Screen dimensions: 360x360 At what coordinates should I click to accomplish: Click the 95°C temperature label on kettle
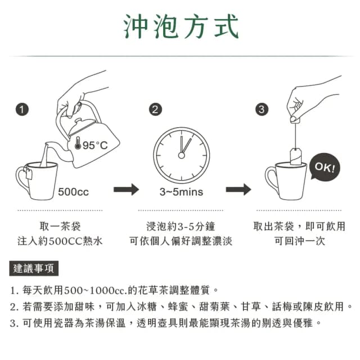pyautogui.click(x=94, y=146)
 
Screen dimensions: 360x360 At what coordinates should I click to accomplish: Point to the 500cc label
pyautogui.click(x=73, y=192)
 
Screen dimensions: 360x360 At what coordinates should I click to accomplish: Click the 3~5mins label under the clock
pyautogui.click(x=181, y=192)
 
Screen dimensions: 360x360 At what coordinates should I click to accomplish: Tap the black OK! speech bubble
pyautogui.click(x=325, y=168)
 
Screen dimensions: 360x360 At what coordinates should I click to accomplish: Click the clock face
pyautogui.click(x=181, y=153)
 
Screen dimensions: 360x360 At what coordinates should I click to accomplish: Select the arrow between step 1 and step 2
pyautogui.click(x=126, y=190)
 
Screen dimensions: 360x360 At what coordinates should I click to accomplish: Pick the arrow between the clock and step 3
pyautogui.click(x=238, y=190)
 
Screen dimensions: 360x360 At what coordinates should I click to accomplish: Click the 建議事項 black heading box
pyautogui.click(x=35, y=269)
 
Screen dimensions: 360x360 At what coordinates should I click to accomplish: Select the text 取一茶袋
pyautogui.click(x=60, y=226)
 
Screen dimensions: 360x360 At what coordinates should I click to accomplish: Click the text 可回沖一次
pyautogui.click(x=299, y=241)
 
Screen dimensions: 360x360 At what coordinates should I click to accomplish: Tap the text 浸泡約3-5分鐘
pyautogui.click(x=181, y=226)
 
